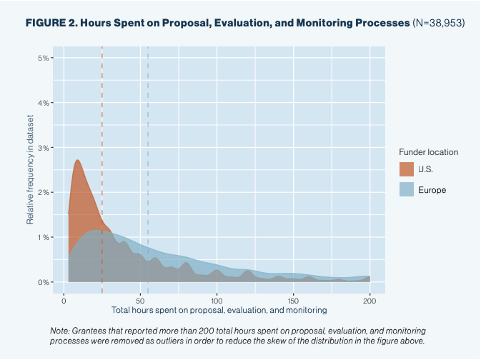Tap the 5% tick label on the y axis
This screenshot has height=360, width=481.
(x=43, y=58)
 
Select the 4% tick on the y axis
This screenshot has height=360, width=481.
(x=43, y=103)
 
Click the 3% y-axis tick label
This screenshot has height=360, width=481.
(x=43, y=148)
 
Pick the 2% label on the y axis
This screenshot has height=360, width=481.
(x=43, y=192)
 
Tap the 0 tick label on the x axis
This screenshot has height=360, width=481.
(x=64, y=300)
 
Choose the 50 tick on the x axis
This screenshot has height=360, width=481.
(x=141, y=300)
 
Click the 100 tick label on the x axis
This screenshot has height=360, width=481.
(x=217, y=300)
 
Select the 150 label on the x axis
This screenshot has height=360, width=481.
(x=294, y=300)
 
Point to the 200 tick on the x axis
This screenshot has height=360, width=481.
(x=370, y=300)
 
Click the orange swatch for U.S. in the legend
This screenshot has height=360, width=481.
(x=406, y=169)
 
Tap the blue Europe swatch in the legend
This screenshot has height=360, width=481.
(x=406, y=189)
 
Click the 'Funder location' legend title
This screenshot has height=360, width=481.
(x=428, y=152)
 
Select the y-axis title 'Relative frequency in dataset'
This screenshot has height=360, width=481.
(x=31, y=169)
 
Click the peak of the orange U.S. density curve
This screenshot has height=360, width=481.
(x=77, y=160)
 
